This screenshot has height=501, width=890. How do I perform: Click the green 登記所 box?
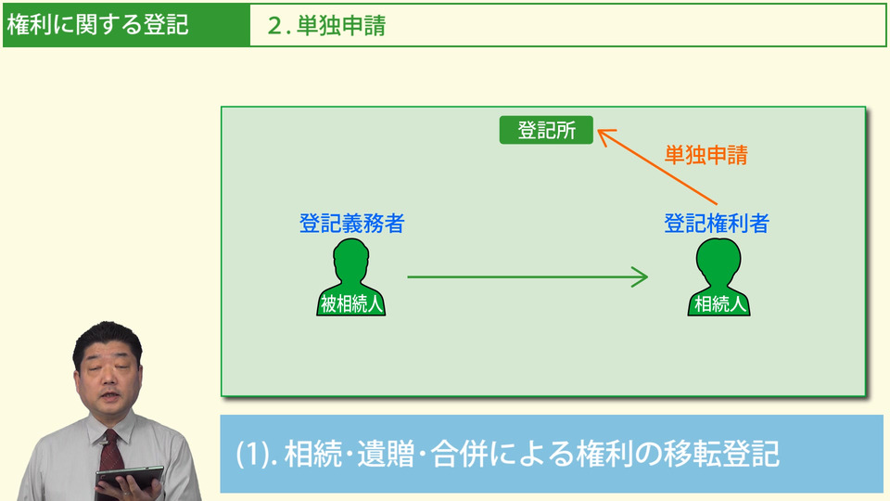click(x=546, y=131)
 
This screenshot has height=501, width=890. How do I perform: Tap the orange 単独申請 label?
click(x=706, y=155)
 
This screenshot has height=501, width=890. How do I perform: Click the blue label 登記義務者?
click(x=351, y=224)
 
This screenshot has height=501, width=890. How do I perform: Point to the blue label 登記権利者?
click(x=717, y=224)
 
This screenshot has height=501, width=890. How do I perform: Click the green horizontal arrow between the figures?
click(x=527, y=276)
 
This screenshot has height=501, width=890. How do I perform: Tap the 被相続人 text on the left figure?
click(x=351, y=303)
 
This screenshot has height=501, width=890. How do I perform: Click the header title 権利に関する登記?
click(x=97, y=25)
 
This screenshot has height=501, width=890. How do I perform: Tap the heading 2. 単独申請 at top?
click(x=326, y=26)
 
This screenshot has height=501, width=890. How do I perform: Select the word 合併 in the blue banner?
click(x=476, y=454)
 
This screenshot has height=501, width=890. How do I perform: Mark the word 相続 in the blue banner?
click(x=310, y=454)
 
